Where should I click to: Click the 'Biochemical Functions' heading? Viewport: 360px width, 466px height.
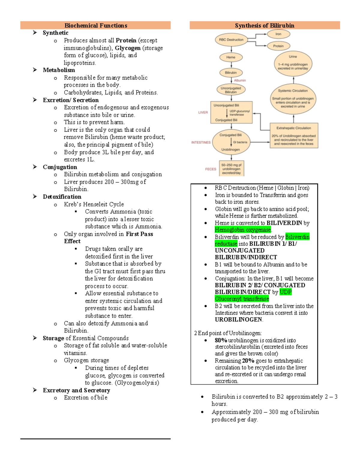coord(96,26)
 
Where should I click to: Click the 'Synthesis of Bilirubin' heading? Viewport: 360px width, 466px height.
coord(264,26)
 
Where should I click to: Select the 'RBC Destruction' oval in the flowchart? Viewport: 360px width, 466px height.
coord(231,40)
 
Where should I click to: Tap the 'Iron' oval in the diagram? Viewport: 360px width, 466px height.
coord(278,34)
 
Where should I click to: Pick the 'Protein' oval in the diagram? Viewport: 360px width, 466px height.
coord(278,46)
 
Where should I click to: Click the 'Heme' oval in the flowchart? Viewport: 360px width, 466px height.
coord(231,57)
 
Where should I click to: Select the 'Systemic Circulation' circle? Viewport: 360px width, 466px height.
coord(293,98)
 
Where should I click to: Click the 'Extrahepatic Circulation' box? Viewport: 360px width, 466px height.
coord(294,136)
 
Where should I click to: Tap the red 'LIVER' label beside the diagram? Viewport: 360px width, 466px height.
coord(203,113)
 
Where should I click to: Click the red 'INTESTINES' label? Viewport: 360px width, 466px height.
coord(201,142)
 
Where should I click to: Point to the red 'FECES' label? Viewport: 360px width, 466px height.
coord(211,169)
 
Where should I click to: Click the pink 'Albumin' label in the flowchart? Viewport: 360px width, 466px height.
coord(240,80)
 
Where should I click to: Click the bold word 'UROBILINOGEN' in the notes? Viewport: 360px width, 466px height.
coord(238,320)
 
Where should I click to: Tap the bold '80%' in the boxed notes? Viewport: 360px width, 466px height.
coord(221,340)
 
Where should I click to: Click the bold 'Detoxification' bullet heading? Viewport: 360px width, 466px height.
coord(62,197)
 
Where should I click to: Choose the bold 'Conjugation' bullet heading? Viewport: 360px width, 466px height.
coord(60,167)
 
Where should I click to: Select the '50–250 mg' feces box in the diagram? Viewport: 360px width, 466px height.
coord(231,169)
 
